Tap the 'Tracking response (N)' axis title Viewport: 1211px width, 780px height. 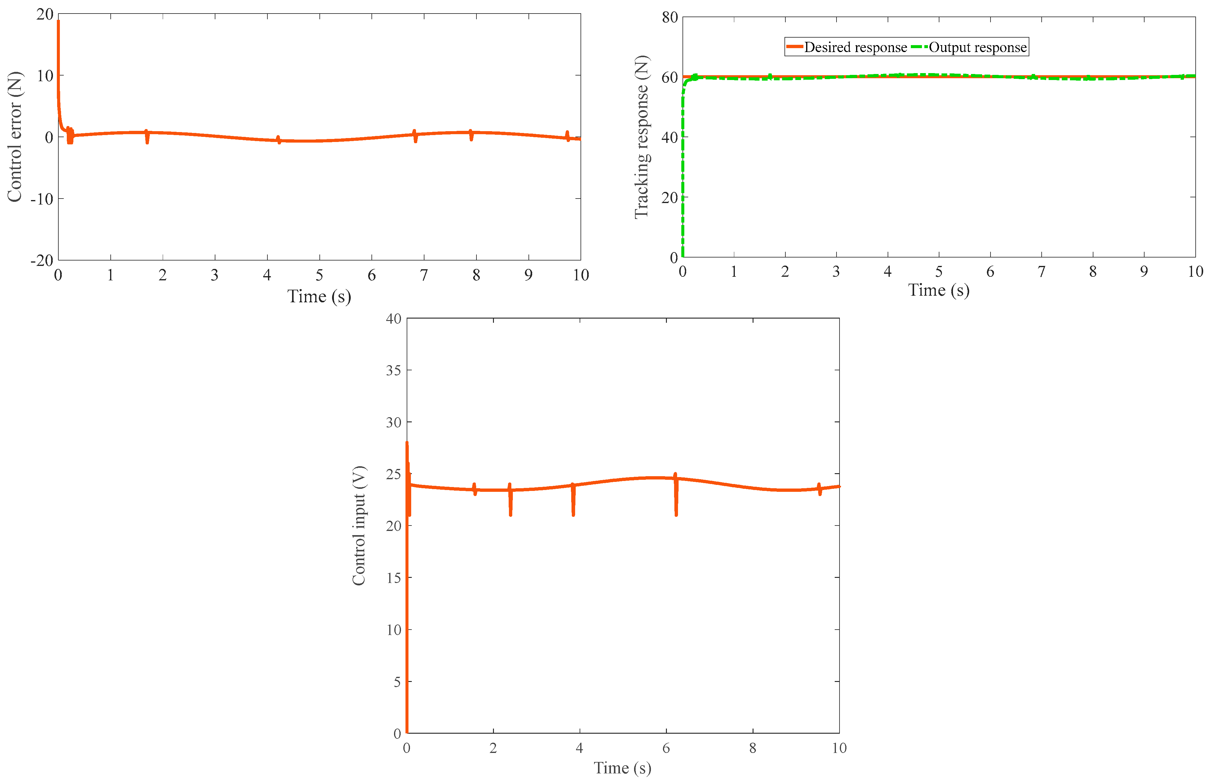coord(641,137)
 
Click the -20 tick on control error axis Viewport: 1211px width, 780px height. coord(42,260)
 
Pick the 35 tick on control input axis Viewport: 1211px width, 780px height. coord(393,370)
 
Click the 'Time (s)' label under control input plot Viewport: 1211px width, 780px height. coord(622,768)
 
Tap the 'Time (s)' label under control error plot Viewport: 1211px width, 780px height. coord(319,296)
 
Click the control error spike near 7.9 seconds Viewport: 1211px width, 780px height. coord(471,136)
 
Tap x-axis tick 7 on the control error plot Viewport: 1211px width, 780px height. coord(424,275)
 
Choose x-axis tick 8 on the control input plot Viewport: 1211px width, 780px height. coord(753,748)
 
